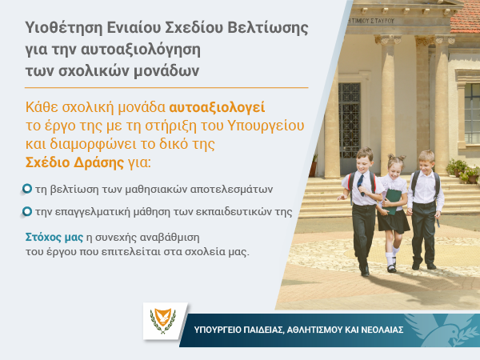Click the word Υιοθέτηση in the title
[x=64, y=27]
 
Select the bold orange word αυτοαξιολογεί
[x=217, y=107]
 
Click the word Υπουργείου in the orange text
[x=266, y=126]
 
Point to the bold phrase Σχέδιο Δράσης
[x=74, y=162]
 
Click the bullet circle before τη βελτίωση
[x=27, y=189]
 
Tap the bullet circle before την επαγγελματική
[x=27, y=211]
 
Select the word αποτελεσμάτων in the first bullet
[x=231, y=190]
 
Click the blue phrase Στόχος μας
[x=54, y=238]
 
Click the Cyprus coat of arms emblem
[x=162, y=321]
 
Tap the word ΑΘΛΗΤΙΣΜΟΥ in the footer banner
[x=314, y=330]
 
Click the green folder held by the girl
[x=392, y=201]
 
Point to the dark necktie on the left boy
[x=361, y=185]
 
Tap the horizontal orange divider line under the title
[x=166, y=87]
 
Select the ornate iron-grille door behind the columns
[x=349, y=122]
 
